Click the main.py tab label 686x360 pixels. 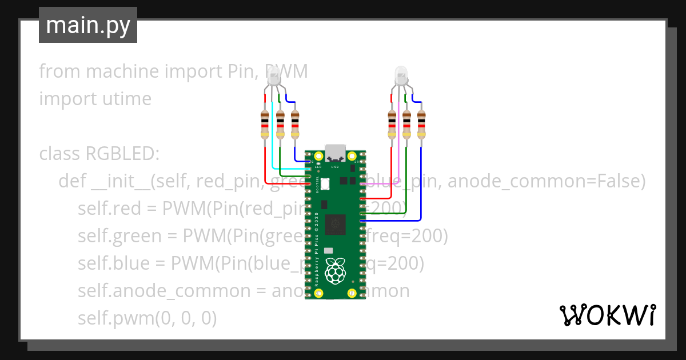(x=87, y=25)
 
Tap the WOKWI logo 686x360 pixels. (x=607, y=315)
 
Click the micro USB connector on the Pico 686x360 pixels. (x=335, y=153)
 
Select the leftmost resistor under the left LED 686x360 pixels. (x=265, y=124)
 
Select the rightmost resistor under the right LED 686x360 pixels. (x=421, y=124)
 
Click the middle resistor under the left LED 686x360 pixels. (x=280, y=124)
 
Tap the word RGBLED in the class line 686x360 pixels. (x=122, y=154)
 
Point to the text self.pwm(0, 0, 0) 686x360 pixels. (x=147, y=318)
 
